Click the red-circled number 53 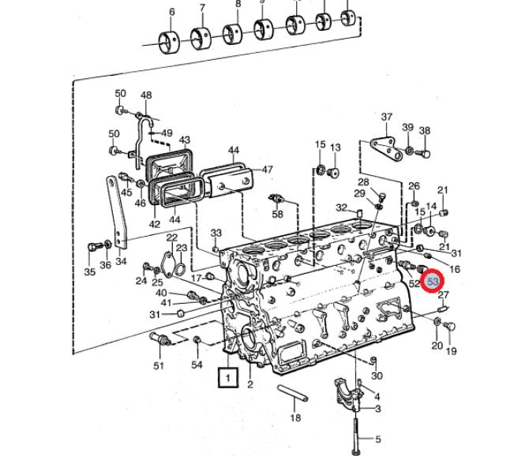tap(433, 281)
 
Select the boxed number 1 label tap(228, 377)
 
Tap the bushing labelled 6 tap(170, 43)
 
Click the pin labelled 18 tap(292, 394)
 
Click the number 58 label tap(278, 214)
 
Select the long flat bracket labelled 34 tap(116, 212)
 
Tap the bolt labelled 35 tap(94, 247)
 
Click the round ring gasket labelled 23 tap(180, 269)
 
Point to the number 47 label tap(267, 170)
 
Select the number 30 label tap(377, 376)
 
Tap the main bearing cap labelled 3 tap(347, 395)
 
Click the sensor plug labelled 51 tap(160, 339)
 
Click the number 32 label tap(341, 207)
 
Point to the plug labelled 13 tap(334, 173)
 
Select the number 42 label tap(155, 224)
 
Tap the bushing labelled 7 tap(201, 39)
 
